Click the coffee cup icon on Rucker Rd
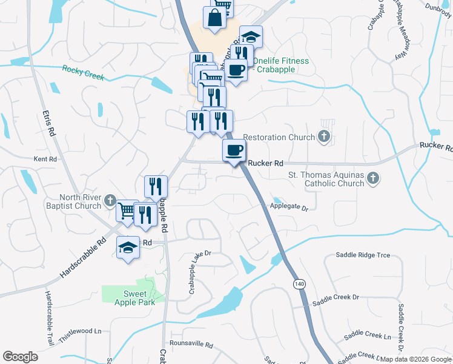(234, 150)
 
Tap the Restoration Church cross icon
(325, 137)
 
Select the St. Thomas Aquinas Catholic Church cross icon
(373, 178)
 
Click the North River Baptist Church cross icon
(110, 200)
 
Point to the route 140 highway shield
(299, 284)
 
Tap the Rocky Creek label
(83, 73)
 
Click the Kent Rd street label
(45, 159)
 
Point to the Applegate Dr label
(289, 207)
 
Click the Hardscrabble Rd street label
(83, 258)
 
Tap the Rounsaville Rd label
(191, 345)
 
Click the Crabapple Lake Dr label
(199, 272)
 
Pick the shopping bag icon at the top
(215, 18)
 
